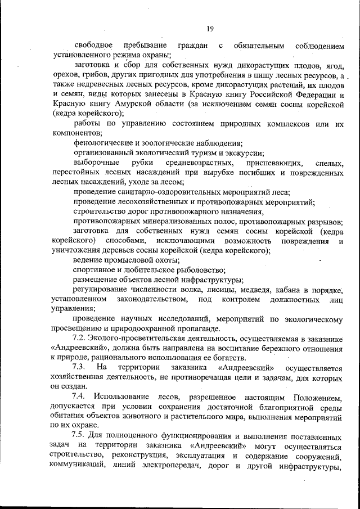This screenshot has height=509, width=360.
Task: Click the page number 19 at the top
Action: tap(209, 29)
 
